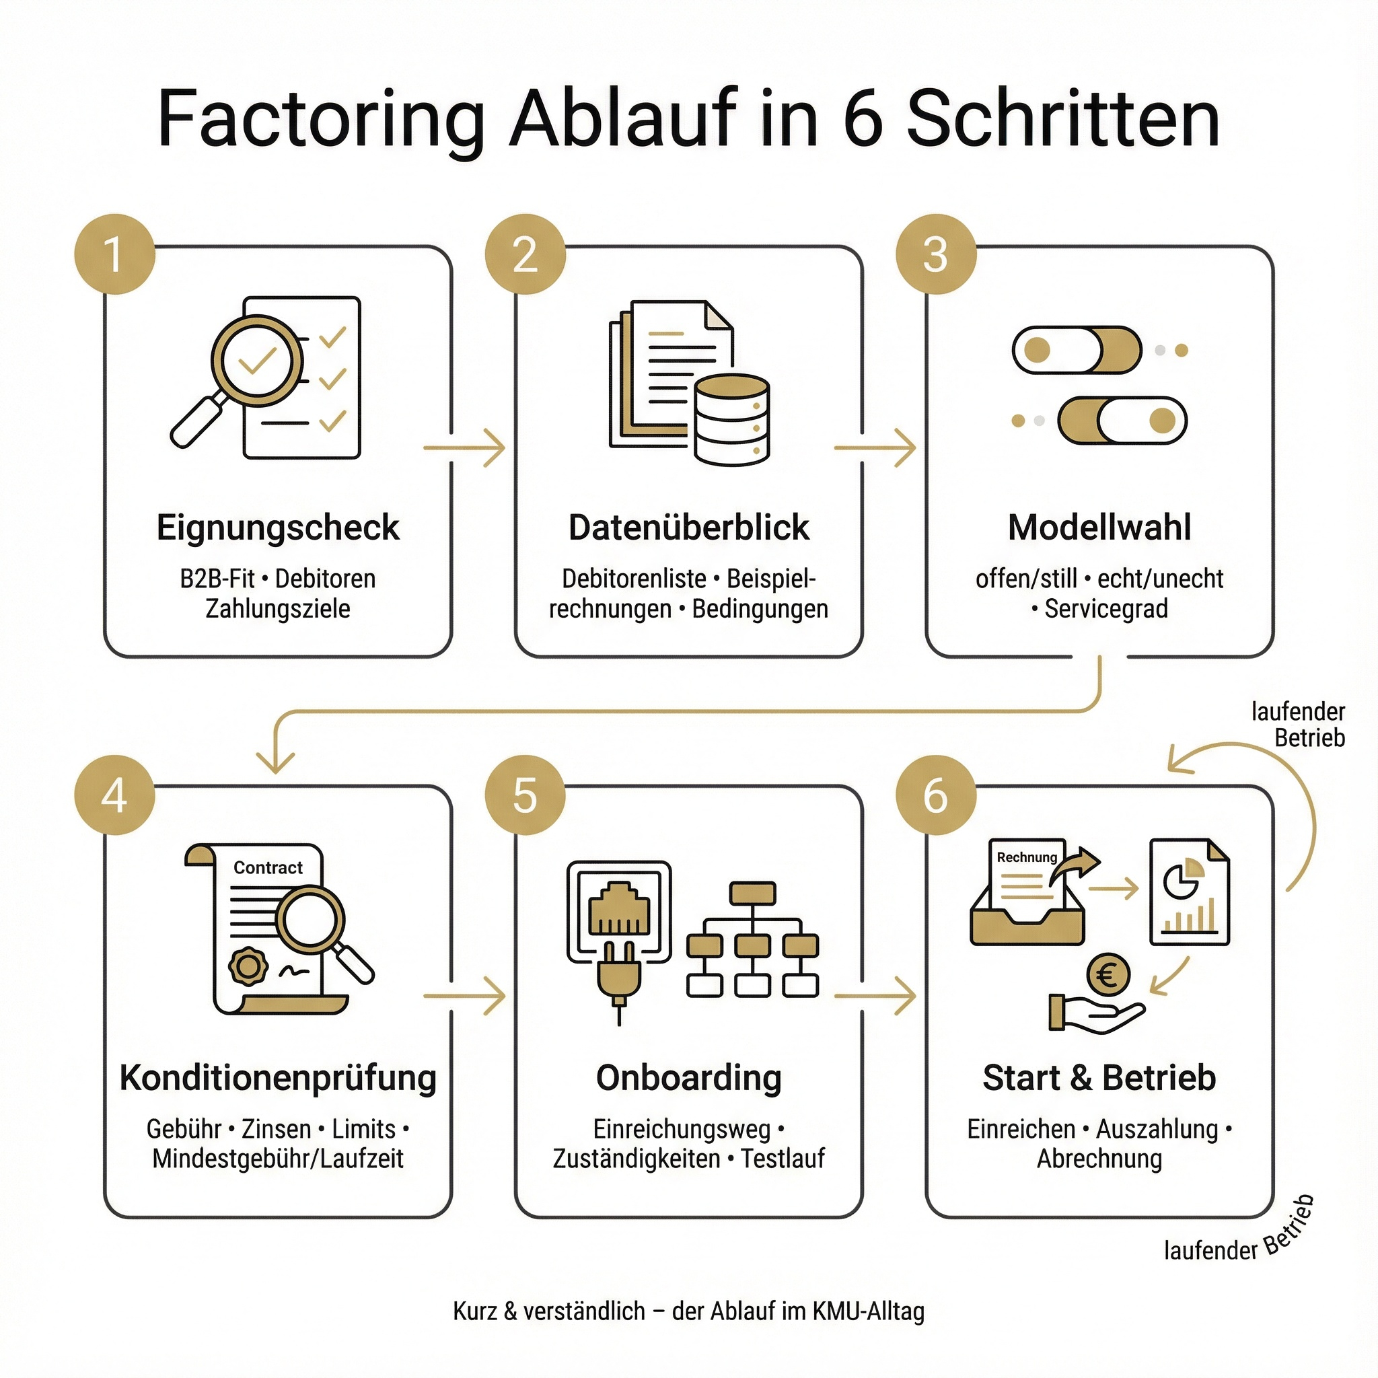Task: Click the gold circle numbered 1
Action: tap(114, 254)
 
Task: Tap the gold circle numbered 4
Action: tap(114, 795)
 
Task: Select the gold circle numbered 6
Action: tap(935, 795)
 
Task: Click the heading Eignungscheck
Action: tap(277, 528)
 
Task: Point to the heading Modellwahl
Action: tap(1099, 528)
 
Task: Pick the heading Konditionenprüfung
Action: tap(277, 1078)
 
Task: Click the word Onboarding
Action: tap(688, 1078)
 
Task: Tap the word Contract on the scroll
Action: tap(268, 867)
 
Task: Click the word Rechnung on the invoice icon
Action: tap(1026, 857)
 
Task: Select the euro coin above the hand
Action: tap(1108, 975)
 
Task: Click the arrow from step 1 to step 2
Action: tap(464, 448)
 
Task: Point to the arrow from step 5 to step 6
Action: tap(875, 995)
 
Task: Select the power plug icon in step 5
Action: tap(618, 978)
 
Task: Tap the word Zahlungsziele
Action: tap(277, 609)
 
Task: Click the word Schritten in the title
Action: tap(1062, 119)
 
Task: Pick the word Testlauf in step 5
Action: tap(783, 1159)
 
